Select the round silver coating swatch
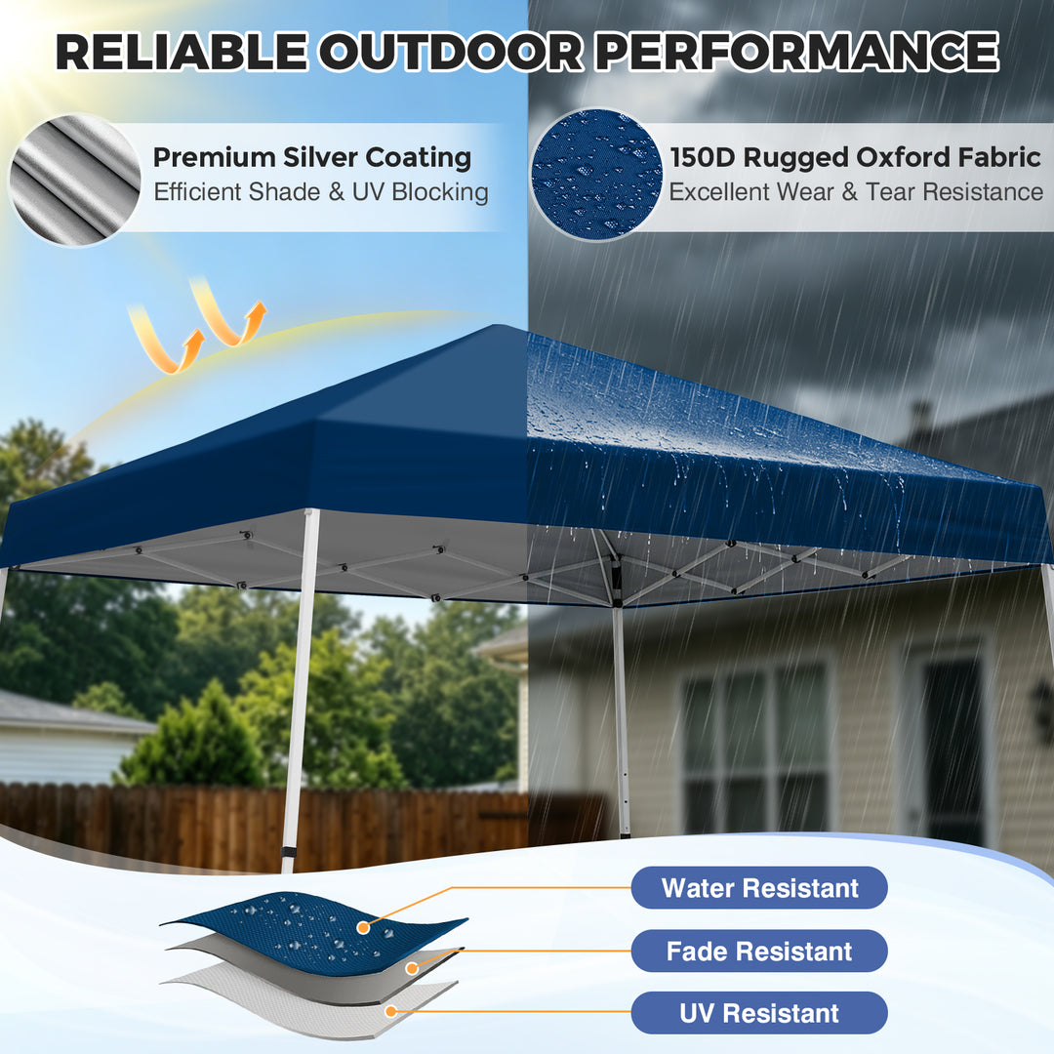(x=75, y=180)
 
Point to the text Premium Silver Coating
(x=312, y=157)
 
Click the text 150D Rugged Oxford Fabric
(x=855, y=157)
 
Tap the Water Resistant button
(x=759, y=888)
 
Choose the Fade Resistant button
(x=759, y=952)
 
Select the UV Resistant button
(x=759, y=1013)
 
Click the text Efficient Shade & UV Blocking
(x=320, y=191)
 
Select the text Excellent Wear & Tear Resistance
(x=855, y=191)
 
